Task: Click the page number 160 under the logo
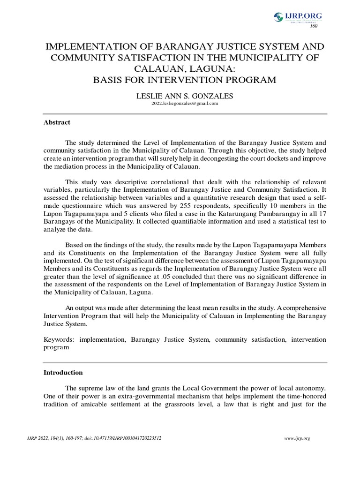coord(314,26)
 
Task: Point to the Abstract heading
coord(57,122)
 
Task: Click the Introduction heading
coord(63,373)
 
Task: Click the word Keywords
coord(60,339)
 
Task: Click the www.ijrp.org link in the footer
coord(298,438)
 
